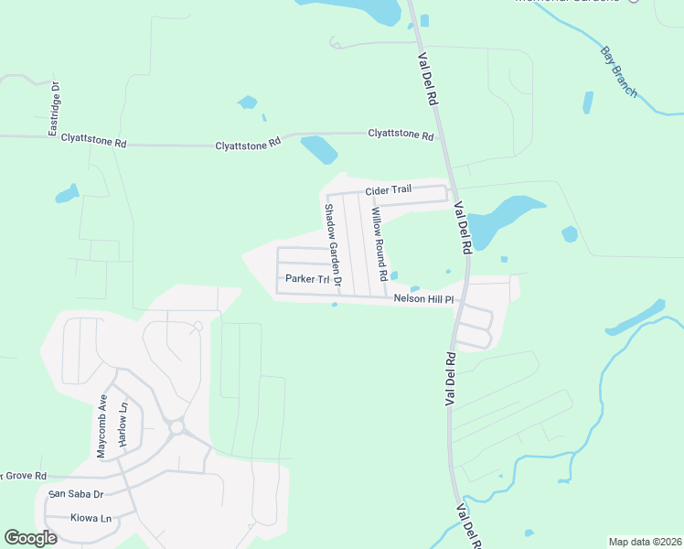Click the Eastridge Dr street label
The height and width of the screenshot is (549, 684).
click(x=54, y=108)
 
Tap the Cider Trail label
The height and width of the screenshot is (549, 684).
click(x=389, y=190)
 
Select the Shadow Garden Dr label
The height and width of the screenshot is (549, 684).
click(x=332, y=248)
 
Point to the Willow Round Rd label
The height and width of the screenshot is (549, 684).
click(x=379, y=244)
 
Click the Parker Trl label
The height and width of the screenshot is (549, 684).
click(x=306, y=279)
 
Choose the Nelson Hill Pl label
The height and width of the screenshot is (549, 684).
click(x=423, y=299)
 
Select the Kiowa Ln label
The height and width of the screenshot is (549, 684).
click(x=91, y=518)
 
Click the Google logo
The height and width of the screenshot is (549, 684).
click(x=30, y=538)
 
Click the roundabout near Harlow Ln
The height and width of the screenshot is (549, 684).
click(x=176, y=427)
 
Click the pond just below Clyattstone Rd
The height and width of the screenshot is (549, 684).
click(x=319, y=149)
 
